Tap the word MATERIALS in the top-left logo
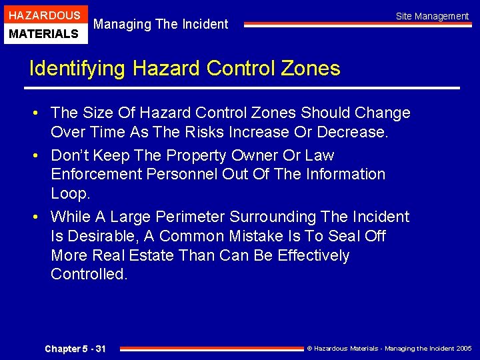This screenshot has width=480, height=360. pos(44,33)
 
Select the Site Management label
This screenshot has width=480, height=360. pos(432,16)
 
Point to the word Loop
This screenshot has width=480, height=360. pos(70,193)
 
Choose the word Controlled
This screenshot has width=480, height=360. pos(89,274)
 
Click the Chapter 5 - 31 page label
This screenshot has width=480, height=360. pos(75,349)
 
